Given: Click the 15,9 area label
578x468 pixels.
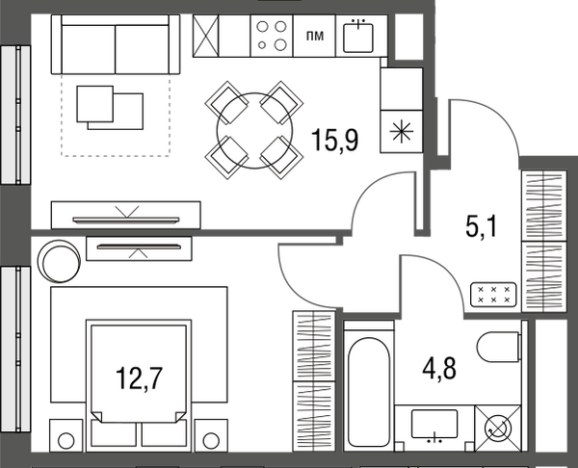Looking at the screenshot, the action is click(x=334, y=140).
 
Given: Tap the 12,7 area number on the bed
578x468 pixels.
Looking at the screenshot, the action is click(x=139, y=378).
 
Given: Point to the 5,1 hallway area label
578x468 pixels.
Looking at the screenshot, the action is click(x=482, y=226).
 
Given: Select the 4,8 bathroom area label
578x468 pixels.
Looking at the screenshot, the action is click(x=439, y=369).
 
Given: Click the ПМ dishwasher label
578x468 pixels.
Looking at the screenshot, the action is click(x=315, y=36).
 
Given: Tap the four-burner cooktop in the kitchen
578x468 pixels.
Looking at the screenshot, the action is click(x=272, y=36).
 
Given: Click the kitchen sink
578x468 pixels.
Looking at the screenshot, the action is click(x=358, y=37).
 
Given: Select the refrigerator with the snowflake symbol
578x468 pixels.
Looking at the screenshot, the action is click(x=402, y=132).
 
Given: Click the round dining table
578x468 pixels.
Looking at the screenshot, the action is click(x=254, y=130).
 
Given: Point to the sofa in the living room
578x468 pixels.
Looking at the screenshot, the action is click(x=116, y=44).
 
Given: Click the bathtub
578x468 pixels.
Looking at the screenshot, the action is click(x=369, y=386).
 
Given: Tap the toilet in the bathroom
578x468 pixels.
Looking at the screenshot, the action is click(x=499, y=347).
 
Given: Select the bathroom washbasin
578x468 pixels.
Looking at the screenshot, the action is click(x=434, y=424).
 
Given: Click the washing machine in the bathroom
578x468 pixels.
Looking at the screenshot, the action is click(x=498, y=429).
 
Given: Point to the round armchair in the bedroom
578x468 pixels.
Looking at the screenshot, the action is click(x=59, y=261).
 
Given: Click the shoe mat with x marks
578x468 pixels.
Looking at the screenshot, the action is click(x=493, y=295).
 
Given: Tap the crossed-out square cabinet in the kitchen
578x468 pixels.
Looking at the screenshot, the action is click(x=206, y=36).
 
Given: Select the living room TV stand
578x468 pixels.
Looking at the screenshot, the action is click(x=125, y=215).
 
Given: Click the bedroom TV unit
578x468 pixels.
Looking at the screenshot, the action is click(x=139, y=248).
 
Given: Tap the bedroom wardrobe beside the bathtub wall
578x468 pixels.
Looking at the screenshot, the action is click(x=314, y=381).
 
